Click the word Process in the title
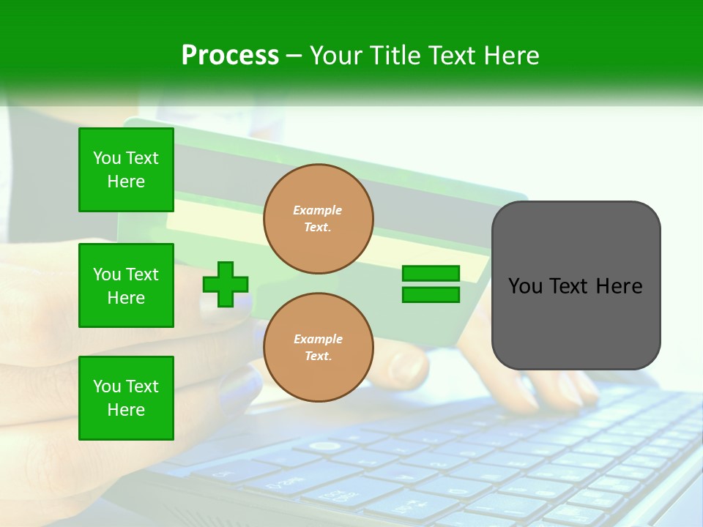pyautogui.click(x=230, y=56)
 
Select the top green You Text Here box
pyautogui.click(x=126, y=170)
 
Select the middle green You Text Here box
pyautogui.click(x=126, y=285)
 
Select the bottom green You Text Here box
pyautogui.click(x=126, y=397)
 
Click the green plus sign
pyautogui.click(x=226, y=284)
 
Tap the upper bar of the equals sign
pyautogui.click(x=431, y=273)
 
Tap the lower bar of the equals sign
pyautogui.click(x=431, y=295)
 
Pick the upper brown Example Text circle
pyautogui.click(x=318, y=219)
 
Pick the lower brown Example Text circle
pyautogui.click(x=318, y=348)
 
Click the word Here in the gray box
pyautogui.click(x=619, y=286)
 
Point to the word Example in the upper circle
pyautogui.click(x=318, y=210)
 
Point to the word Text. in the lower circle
pyautogui.click(x=318, y=356)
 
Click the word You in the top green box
pyautogui.click(x=107, y=158)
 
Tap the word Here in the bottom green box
pyautogui.click(x=126, y=410)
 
